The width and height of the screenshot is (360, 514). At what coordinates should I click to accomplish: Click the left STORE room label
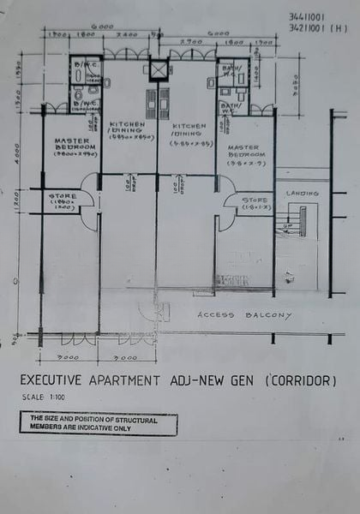[x=62, y=200]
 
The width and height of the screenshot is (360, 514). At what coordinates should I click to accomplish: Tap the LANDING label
[x=302, y=194]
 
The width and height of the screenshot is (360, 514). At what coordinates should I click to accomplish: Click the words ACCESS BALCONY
[x=232, y=314]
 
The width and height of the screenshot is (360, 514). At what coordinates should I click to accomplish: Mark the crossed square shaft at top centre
[x=157, y=69]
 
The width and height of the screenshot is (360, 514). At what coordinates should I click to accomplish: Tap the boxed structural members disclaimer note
[x=98, y=423]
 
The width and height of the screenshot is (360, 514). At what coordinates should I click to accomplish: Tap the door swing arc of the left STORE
[x=87, y=216]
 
